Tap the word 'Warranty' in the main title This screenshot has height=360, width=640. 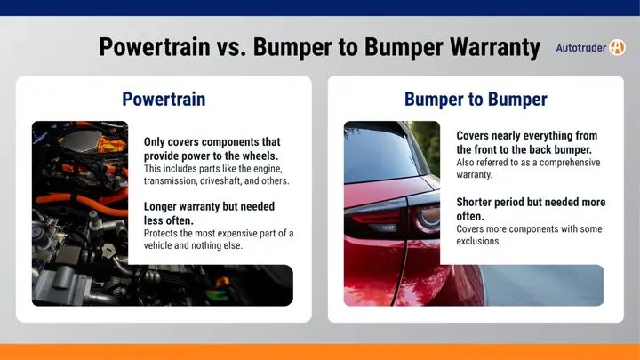pos(488,46)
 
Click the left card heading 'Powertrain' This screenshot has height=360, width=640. pos(164,99)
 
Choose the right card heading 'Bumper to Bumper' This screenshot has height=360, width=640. pos(475,99)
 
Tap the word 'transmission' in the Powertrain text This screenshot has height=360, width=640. pos(172,180)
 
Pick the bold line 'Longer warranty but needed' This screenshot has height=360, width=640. pos(209,206)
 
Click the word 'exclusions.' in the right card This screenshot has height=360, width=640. pos(480,241)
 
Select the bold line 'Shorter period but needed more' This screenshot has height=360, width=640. pos(530,203)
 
